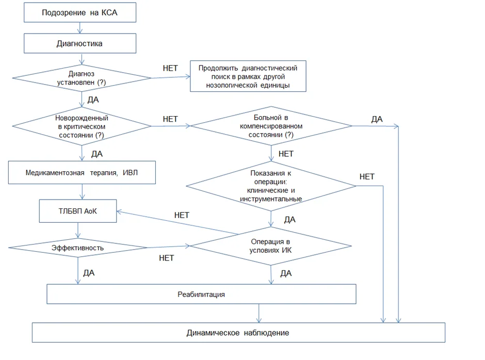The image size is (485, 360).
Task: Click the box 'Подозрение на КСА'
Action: (80, 12)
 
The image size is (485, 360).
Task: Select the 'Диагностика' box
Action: (80, 43)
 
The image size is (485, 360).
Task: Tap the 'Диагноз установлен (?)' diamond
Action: (82, 78)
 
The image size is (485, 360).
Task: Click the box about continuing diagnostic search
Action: (248, 76)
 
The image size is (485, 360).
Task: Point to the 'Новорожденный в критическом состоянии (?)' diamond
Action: (82, 126)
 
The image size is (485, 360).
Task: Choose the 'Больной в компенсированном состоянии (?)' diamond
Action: (271, 126)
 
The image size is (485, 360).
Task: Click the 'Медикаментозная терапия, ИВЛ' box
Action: (82, 173)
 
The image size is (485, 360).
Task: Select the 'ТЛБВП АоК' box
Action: (78, 211)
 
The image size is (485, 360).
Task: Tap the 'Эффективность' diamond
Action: (78, 248)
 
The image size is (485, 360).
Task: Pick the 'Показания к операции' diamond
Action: (271, 186)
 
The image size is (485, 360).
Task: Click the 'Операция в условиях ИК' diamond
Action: (271, 246)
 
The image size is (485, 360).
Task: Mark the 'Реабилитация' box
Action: (201, 294)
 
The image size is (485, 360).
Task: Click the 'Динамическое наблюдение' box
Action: (238, 333)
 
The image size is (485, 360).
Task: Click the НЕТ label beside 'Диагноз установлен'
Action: (170, 68)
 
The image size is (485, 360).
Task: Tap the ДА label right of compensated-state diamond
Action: (377, 119)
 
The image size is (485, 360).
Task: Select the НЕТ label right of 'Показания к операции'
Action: (367, 176)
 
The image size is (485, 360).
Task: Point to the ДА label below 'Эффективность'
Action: (89, 273)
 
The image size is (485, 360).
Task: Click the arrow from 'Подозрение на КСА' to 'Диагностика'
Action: (80, 28)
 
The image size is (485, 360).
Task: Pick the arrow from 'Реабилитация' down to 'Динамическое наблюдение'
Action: (259, 313)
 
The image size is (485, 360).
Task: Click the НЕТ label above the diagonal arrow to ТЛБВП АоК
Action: (182, 215)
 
